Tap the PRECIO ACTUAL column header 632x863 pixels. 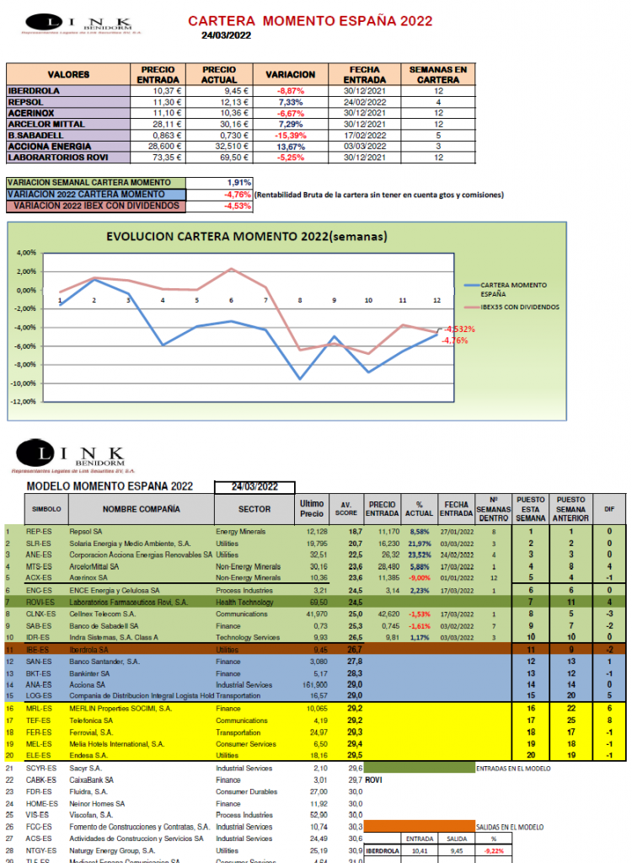[219, 74]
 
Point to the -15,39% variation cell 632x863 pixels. [289, 135]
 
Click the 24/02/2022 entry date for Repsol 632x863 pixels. [365, 101]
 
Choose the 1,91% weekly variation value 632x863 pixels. [238, 182]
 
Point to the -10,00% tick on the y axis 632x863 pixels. [26, 383]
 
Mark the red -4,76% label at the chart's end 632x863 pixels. [455, 340]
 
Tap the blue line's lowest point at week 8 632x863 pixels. [299, 379]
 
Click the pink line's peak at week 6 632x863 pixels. [231, 269]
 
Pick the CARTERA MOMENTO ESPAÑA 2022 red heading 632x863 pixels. [310, 21]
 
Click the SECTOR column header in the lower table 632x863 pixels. [254, 509]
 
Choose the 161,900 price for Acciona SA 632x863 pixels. [313, 685]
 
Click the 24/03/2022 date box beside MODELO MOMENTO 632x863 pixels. [255, 487]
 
